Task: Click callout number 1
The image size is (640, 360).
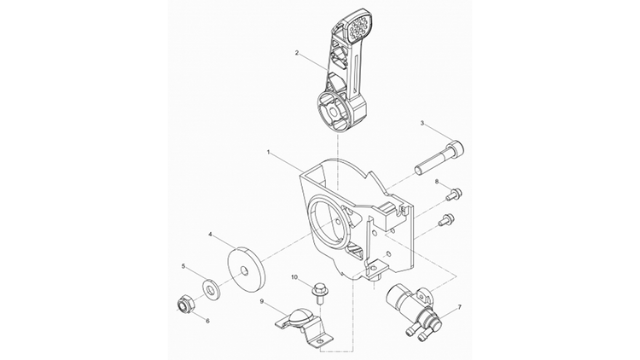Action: pyautogui.click(x=269, y=152)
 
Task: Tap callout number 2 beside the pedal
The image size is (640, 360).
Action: pyautogui.click(x=297, y=53)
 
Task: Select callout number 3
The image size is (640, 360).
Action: pyautogui.click(x=422, y=123)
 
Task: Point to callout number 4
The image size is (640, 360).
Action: pyautogui.click(x=210, y=235)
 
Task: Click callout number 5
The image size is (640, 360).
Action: pyautogui.click(x=183, y=266)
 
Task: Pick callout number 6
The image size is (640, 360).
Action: pyautogui.click(x=207, y=322)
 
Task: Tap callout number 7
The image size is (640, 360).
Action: pyautogui.click(x=460, y=306)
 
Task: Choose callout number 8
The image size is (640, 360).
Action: pyautogui.click(x=436, y=182)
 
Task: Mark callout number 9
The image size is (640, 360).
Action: pyautogui.click(x=262, y=302)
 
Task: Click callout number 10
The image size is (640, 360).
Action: pyautogui.click(x=294, y=277)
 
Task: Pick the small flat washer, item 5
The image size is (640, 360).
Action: pyautogui.click(x=211, y=289)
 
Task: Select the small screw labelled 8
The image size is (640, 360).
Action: pyautogui.click(x=452, y=195)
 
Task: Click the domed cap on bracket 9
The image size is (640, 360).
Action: pyautogui.click(x=300, y=315)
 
